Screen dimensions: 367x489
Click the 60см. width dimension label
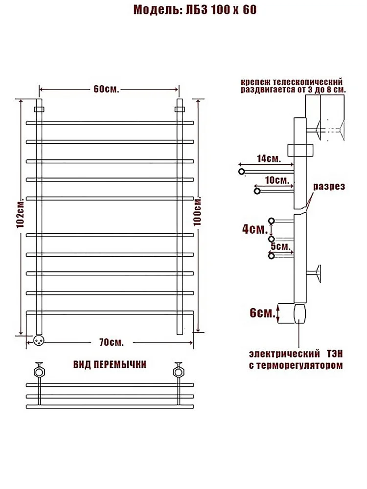coord(106,89)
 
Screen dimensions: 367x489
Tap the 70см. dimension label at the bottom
coord(112,342)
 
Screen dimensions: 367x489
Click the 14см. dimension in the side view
coord(269,158)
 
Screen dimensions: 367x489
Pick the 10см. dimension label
coord(277,180)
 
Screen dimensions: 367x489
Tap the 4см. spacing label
coord(255,229)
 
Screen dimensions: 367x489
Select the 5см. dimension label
coord(280,246)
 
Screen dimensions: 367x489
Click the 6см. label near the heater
coord(262,313)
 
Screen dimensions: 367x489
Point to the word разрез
coord(329,186)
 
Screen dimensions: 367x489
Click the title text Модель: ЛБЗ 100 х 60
coord(195,10)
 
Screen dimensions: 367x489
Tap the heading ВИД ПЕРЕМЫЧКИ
coord(110,365)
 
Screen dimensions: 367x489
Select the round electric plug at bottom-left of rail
coord(39,340)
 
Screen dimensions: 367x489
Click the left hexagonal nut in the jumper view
coord(39,372)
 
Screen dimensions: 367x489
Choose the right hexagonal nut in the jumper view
coord(178,372)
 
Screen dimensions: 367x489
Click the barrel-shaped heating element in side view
coord(299,313)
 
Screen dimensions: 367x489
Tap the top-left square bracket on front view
coord(39,110)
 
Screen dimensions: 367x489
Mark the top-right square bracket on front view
coord(180,110)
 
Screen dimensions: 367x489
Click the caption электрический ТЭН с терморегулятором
coord(296,359)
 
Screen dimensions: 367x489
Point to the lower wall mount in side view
coord(314,273)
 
